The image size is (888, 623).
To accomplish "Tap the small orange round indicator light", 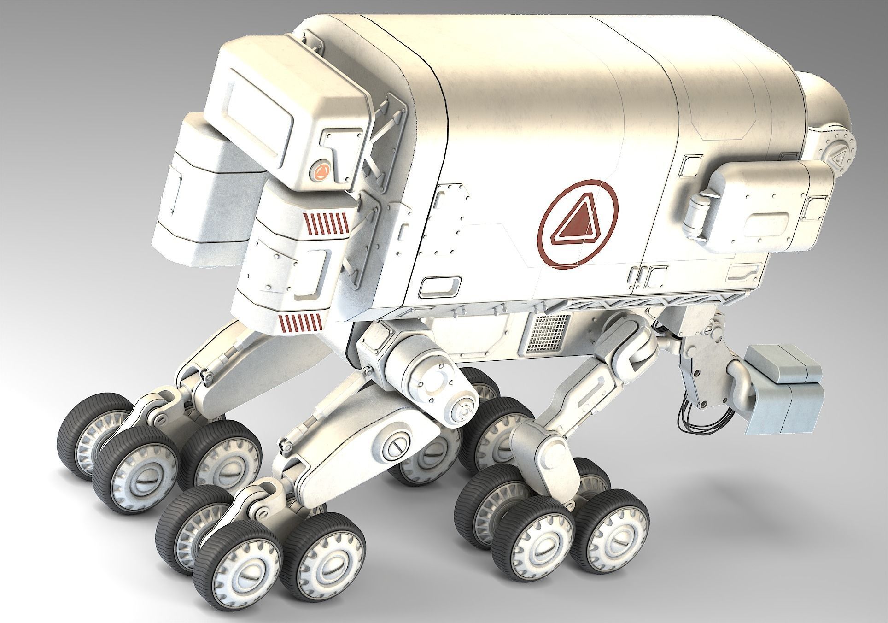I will (321, 171).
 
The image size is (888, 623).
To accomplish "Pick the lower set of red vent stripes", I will (301, 322).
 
